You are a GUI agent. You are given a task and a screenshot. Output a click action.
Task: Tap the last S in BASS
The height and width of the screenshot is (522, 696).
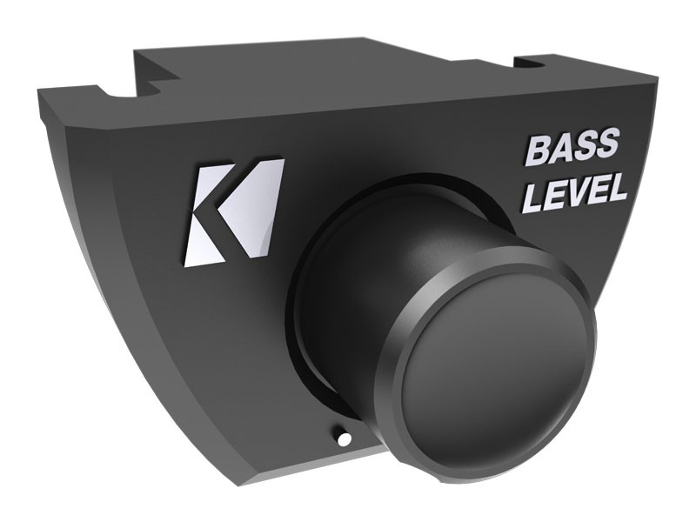[606, 146]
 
